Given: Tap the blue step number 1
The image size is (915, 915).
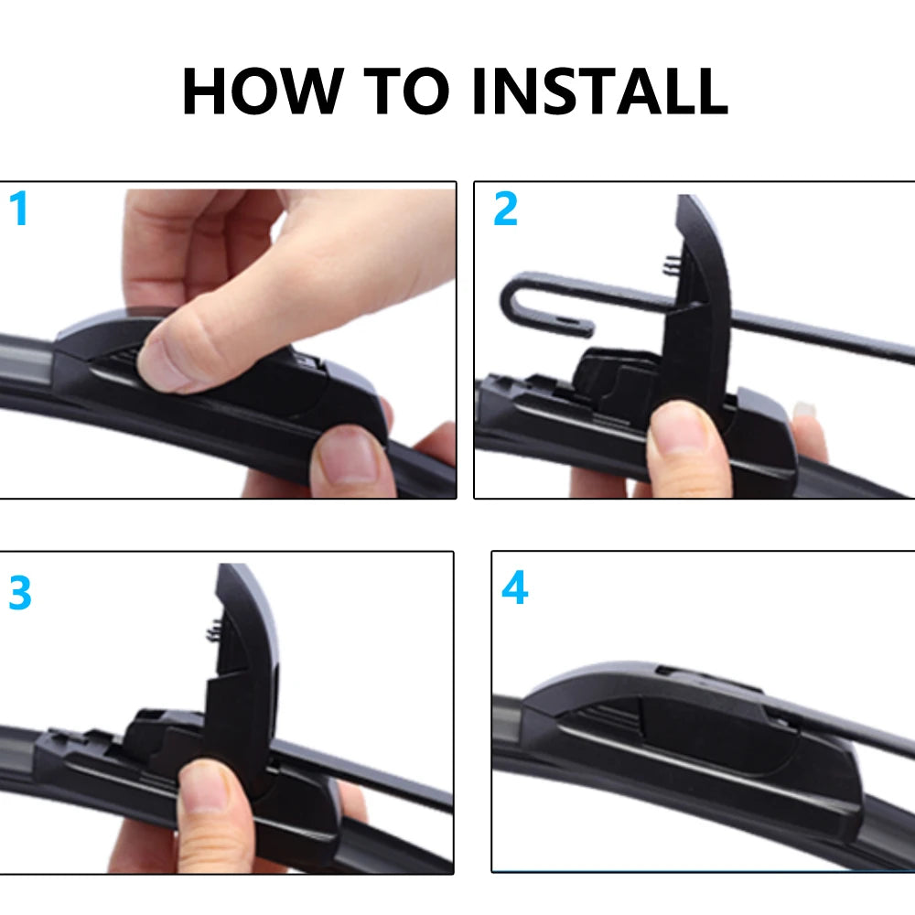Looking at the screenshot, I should [x=19, y=210].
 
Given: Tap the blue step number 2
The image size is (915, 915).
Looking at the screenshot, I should [x=505, y=210].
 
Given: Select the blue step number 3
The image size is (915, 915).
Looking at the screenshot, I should [x=19, y=594].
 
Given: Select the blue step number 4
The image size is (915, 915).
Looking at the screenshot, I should [x=514, y=589].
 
